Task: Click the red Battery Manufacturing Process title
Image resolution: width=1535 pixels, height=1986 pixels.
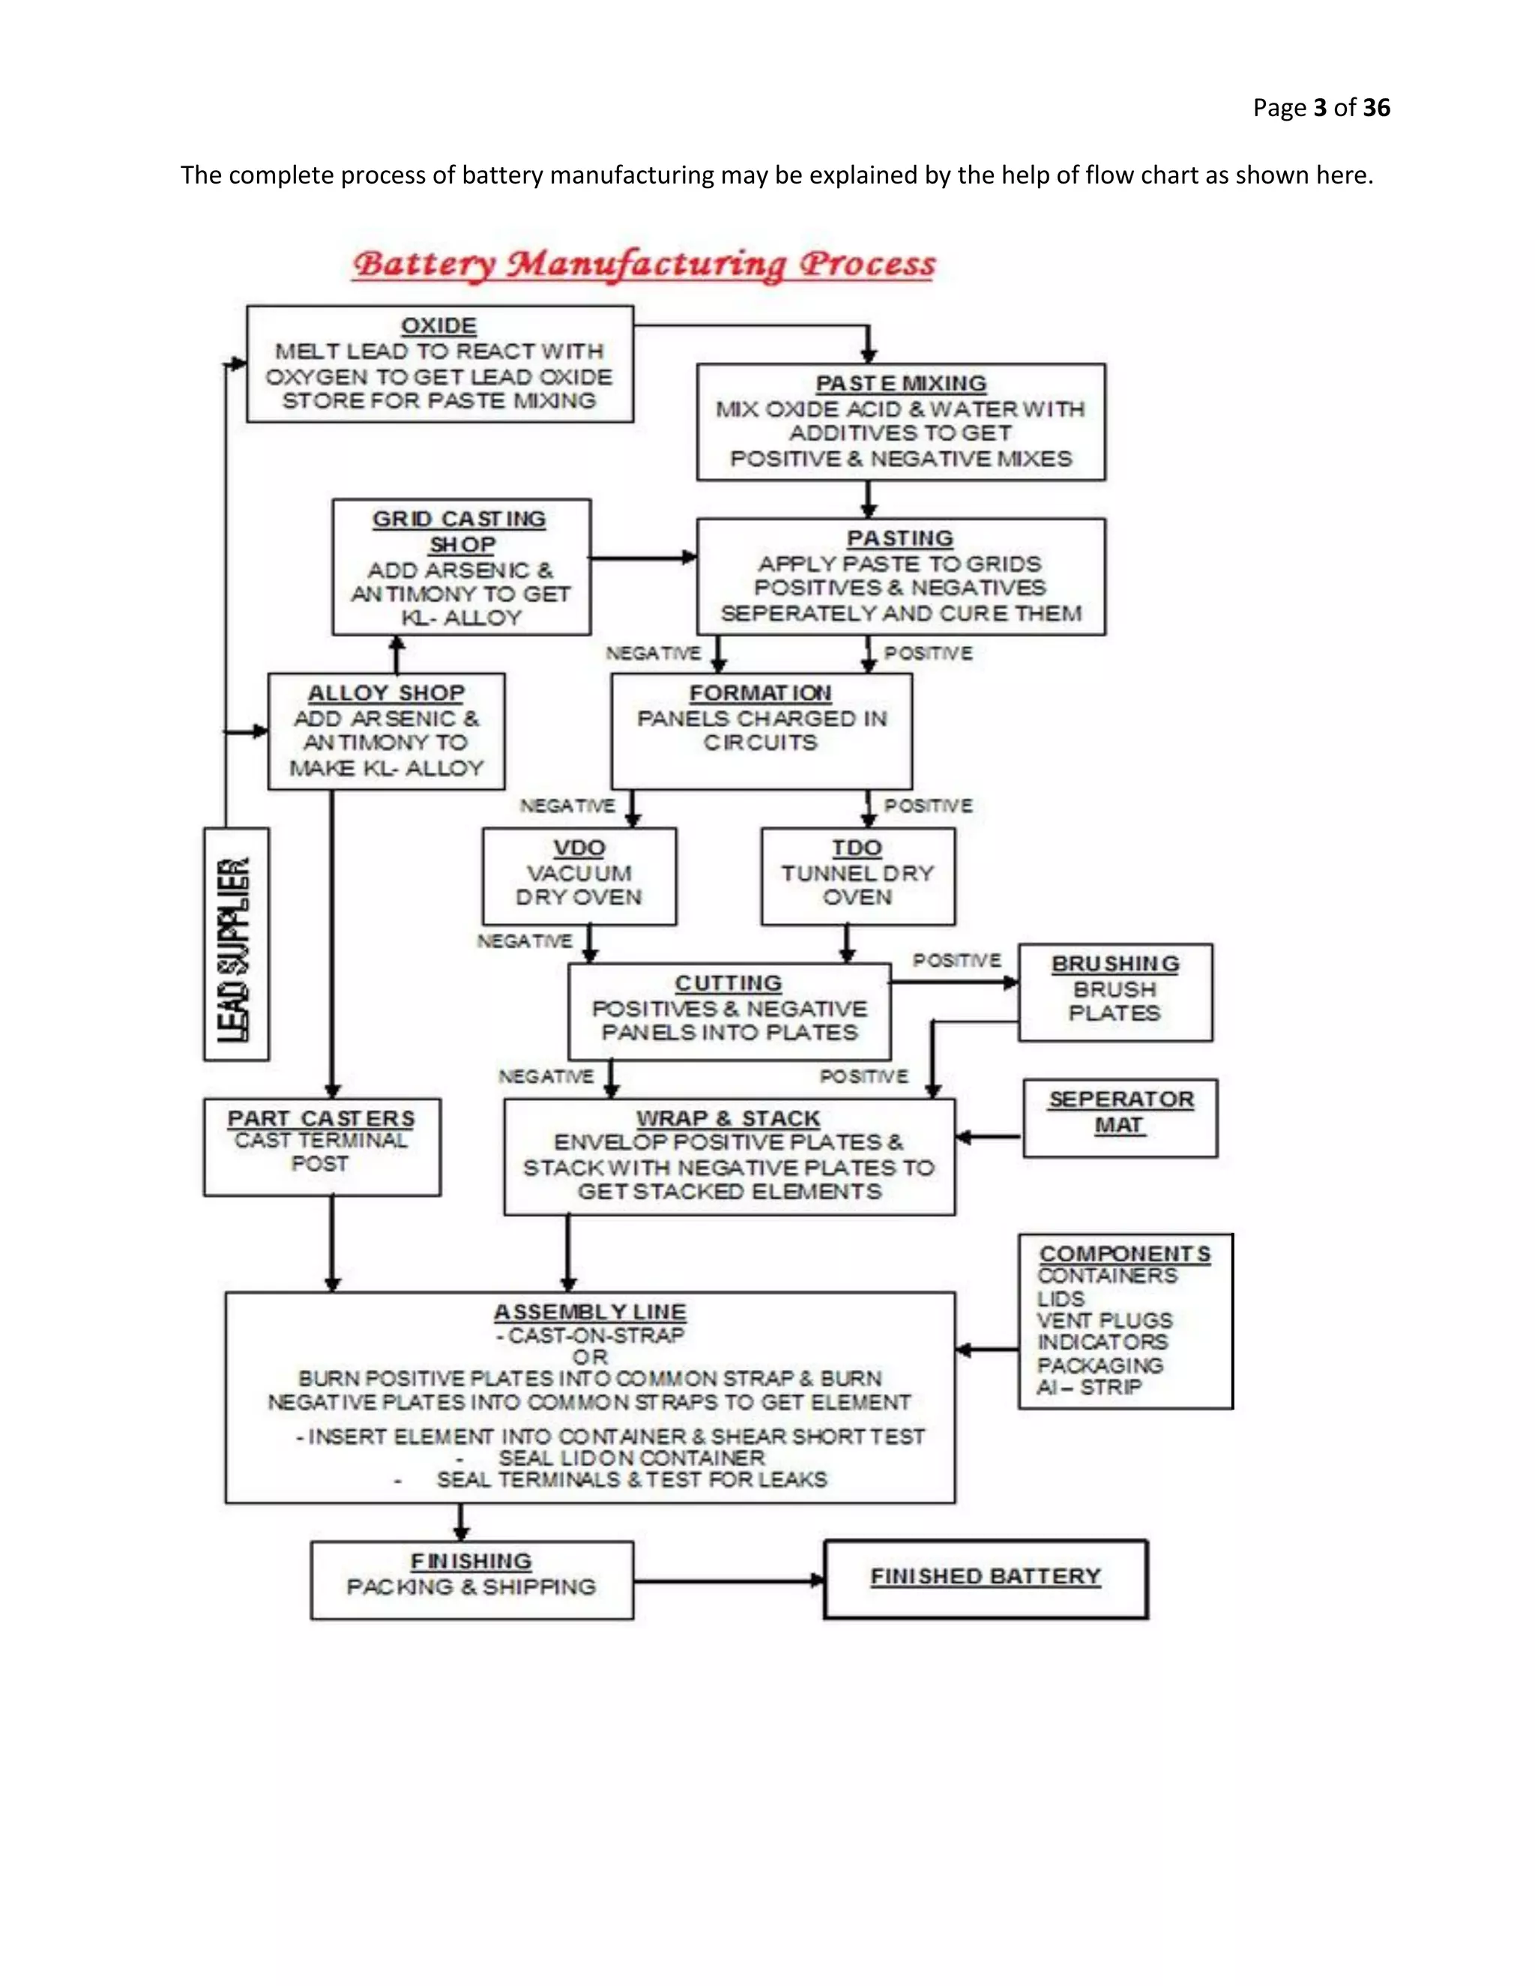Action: pos(644,265)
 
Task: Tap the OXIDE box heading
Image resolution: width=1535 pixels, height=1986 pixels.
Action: pos(438,325)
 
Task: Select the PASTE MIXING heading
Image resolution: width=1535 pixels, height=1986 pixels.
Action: pos(900,384)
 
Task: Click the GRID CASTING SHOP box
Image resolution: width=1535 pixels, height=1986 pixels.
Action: pos(461,567)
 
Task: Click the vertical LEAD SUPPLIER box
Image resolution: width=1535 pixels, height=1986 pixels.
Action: pos(235,944)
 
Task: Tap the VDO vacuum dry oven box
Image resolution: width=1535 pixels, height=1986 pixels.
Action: pos(579,875)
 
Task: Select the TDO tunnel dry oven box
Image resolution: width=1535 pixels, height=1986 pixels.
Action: pos(857,875)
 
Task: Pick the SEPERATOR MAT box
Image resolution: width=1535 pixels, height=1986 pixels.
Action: pos(1120,1117)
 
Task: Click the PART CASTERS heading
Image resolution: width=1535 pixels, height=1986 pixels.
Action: pos(321,1117)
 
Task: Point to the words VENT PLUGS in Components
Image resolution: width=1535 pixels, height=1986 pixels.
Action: pos(1105,1321)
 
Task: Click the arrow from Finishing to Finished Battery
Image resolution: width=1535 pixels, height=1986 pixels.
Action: pos(728,1581)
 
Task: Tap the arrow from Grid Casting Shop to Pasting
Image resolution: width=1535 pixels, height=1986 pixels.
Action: pos(643,558)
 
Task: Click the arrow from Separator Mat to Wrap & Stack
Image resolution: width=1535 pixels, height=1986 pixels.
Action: pos(989,1137)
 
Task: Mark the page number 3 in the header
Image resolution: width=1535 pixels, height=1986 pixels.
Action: pos(1321,108)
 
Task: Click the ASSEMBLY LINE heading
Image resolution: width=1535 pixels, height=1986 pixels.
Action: pos(589,1312)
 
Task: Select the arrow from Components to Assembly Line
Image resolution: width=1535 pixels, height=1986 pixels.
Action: pos(986,1350)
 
